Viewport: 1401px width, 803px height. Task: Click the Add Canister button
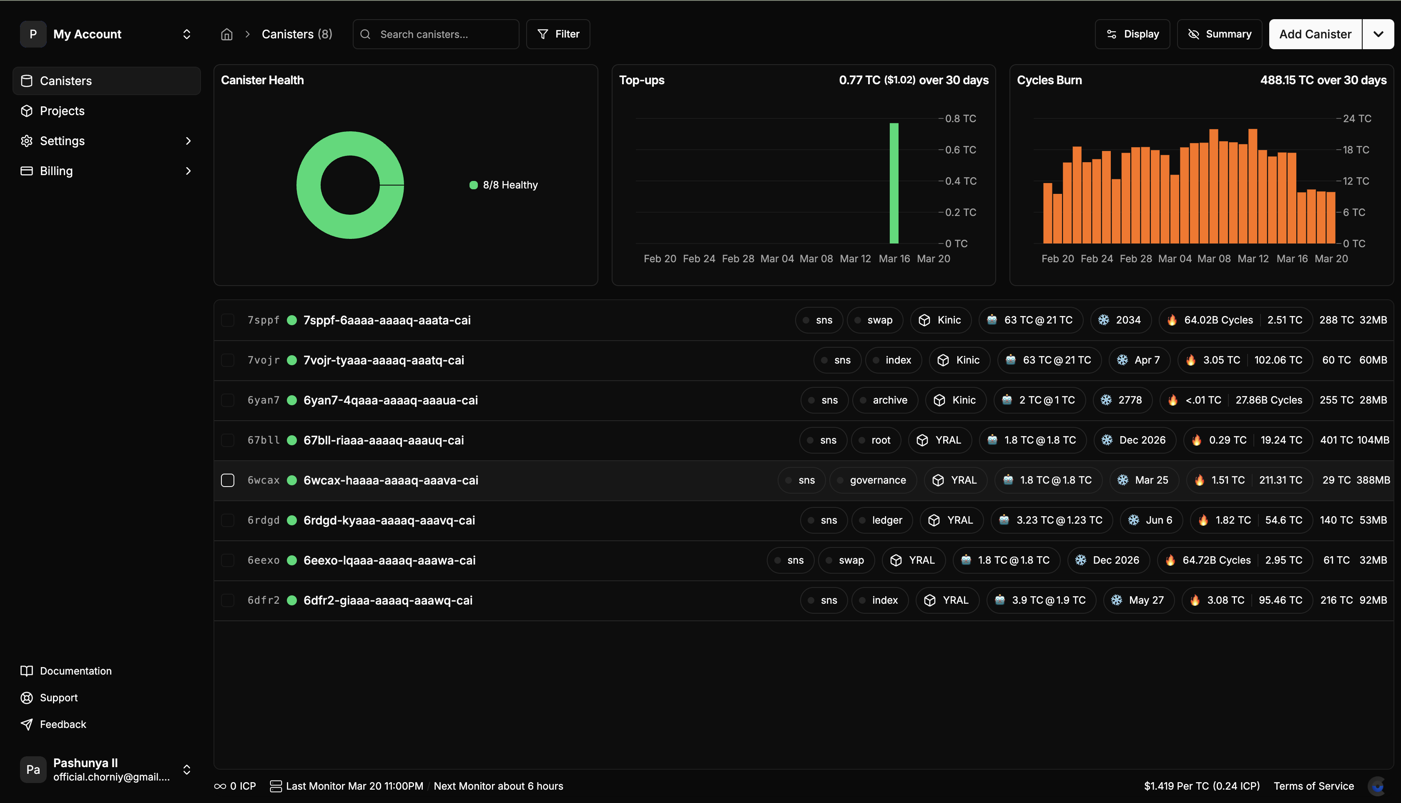tap(1315, 34)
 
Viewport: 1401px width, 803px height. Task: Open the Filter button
tap(558, 34)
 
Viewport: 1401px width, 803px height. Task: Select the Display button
tap(1132, 34)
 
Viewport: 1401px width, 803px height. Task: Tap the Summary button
tap(1220, 34)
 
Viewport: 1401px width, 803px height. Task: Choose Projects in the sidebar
tap(62, 111)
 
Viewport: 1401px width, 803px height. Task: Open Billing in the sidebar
tap(56, 171)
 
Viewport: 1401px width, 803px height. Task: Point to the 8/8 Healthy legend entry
tap(504, 185)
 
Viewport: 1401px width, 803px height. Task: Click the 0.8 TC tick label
tap(960, 118)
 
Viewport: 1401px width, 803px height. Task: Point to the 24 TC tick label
tap(1357, 118)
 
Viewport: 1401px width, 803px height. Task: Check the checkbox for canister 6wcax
tap(228, 480)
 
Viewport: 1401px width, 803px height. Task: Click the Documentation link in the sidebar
tap(75, 671)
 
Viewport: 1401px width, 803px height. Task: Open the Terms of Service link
tap(1313, 786)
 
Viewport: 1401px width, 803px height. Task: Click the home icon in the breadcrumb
tap(227, 34)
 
